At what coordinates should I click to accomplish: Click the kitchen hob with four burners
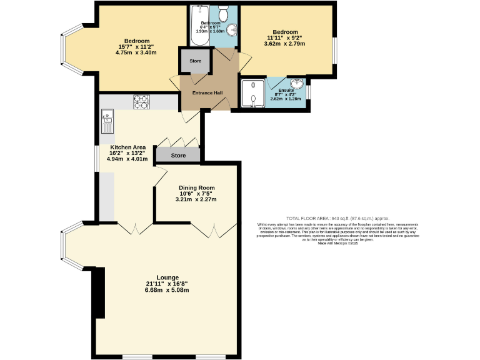tap(141, 101)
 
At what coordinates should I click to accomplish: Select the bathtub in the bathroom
tap(200, 25)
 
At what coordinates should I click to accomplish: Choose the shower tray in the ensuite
tap(253, 94)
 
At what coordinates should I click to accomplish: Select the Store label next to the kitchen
tap(179, 155)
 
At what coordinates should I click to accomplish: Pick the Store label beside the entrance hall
tap(194, 61)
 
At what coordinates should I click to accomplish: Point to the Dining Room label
tap(197, 187)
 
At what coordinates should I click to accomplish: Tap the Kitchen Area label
tap(127, 147)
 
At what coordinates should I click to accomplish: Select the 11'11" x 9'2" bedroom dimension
tap(284, 38)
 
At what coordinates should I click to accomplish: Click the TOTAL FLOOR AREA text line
tap(338, 218)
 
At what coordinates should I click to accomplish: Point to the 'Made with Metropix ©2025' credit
tap(338, 243)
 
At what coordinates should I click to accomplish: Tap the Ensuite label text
tap(286, 91)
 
